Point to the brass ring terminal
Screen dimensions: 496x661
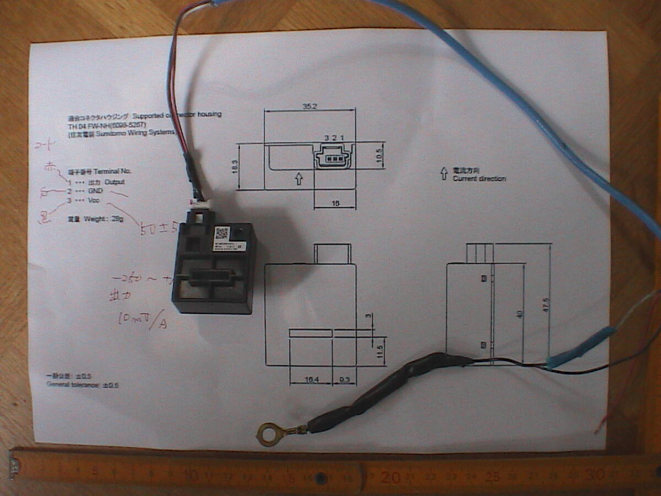click(x=269, y=433)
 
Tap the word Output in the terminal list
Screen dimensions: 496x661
click(x=114, y=182)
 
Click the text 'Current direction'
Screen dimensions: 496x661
click(x=479, y=179)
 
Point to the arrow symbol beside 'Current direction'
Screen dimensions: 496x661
click(x=443, y=174)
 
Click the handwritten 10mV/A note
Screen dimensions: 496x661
click(x=142, y=320)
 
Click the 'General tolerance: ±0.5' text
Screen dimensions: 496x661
click(x=82, y=385)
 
